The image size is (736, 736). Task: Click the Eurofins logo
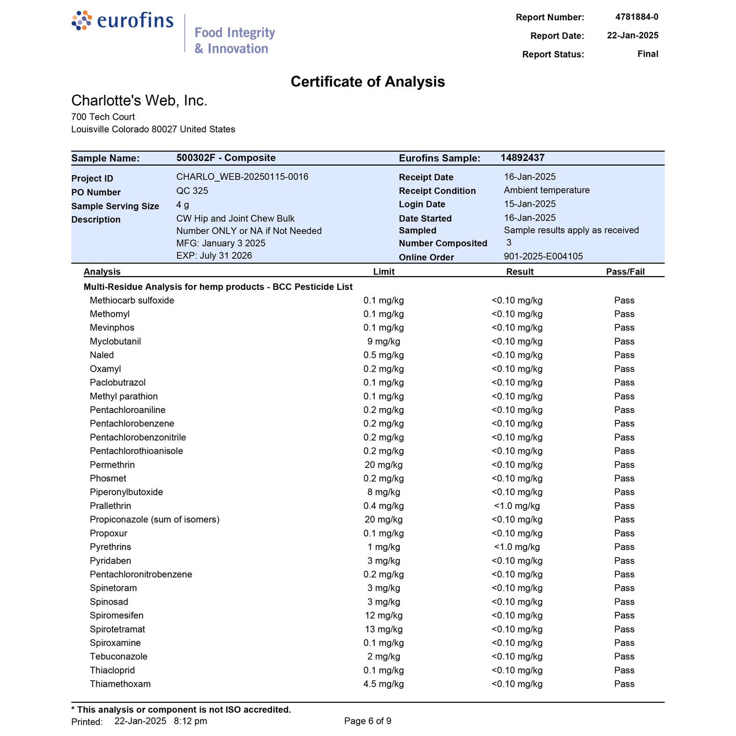[123, 21]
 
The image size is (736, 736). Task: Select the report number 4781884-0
[637, 17]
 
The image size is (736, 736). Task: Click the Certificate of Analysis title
[368, 82]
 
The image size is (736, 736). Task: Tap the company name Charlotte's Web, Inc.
[139, 101]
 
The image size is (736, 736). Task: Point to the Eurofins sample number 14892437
[522, 158]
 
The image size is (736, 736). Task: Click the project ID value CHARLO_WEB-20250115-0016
[242, 177]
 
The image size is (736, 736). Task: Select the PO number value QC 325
[192, 190]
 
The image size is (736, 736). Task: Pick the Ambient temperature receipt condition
[547, 190]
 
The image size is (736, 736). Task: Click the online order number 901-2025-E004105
[543, 257]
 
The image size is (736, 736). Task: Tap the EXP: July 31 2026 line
[214, 256]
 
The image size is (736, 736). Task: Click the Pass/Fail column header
[625, 272]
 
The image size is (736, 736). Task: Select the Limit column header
[384, 272]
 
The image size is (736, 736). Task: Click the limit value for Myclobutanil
[384, 342]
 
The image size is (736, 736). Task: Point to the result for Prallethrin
[517, 506]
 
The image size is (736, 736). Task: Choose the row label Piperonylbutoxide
[126, 493]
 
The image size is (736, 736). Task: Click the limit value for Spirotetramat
[384, 630]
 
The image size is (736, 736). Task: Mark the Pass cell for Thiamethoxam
[624, 684]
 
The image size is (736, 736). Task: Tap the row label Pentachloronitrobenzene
[141, 575]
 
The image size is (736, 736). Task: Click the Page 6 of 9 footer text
[368, 721]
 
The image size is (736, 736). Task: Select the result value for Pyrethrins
[517, 547]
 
